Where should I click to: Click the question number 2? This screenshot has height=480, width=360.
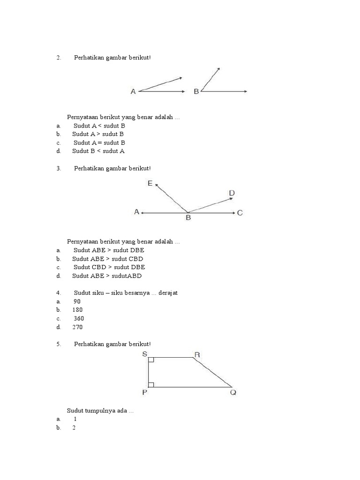(x=59, y=58)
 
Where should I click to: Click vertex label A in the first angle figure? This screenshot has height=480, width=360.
(x=133, y=92)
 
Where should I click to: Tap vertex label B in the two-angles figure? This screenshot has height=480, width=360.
(x=196, y=92)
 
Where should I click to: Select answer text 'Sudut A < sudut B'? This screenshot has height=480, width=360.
(x=99, y=126)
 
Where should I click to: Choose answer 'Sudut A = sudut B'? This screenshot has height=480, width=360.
(x=99, y=142)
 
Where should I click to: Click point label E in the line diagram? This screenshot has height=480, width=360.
(x=150, y=184)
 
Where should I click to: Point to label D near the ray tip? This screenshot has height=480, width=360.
(x=232, y=193)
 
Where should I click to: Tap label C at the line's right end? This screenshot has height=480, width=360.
(x=240, y=213)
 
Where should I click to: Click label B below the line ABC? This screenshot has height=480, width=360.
(x=188, y=218)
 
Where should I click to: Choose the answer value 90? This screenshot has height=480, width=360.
(x=77, y=301)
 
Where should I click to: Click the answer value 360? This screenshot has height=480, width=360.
(x=79, y=318)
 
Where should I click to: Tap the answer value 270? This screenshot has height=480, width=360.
(x=77, y=327)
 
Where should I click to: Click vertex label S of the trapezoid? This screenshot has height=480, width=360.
(x=144, y=354)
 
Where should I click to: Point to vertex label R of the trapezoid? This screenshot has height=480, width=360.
(x=197, y=355)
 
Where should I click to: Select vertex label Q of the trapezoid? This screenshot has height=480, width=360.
(x=233, y=393)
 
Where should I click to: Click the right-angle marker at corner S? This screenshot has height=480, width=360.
(x=151, y=360)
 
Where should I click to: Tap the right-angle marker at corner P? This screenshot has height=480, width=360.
(x=151, y=384)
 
